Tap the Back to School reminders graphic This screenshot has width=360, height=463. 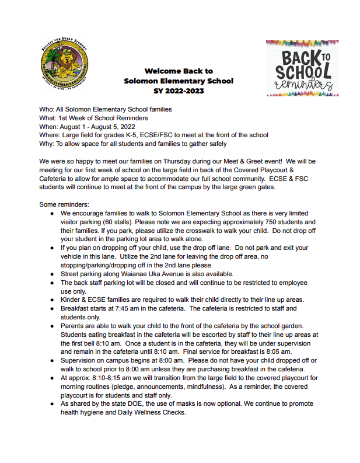[302, 68]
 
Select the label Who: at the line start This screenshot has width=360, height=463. [47, 110]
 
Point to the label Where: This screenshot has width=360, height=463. [51, 135]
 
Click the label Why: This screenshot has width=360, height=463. [47, 144]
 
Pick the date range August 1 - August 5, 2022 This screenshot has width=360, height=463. [97, 127]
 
